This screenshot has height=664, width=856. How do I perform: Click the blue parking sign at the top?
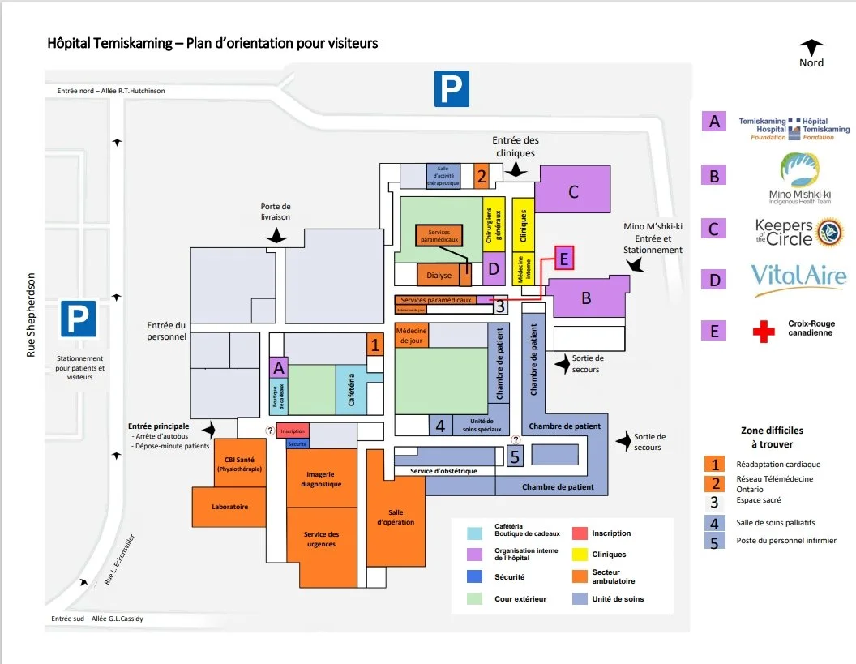[x=452, y=88]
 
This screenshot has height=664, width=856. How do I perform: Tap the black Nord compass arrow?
[x=811, y=48]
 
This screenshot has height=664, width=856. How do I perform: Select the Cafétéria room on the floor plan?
[x=351, y=390]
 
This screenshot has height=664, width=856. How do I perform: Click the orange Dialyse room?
[x=439, y=276]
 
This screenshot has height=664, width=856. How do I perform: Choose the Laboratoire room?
[x=229, y=507]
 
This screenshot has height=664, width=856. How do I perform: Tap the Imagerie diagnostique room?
[x=321, y=478]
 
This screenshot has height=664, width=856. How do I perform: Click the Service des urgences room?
[x=321, y=539]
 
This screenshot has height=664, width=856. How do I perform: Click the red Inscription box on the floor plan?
[x=293, y=431]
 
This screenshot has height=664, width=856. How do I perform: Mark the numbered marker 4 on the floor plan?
[x=440, y=426]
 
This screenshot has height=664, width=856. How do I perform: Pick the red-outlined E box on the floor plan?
[x=564, y=258]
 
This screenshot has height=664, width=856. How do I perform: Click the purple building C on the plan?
[x=573, y=192]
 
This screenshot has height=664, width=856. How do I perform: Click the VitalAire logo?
[x=798, y=278]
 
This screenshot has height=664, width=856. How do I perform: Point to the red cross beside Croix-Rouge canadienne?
[x=763, y=331]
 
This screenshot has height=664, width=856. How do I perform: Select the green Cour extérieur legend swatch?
[x=477, y=599]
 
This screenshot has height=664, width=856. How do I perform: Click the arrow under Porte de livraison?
[x=277, y=235]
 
